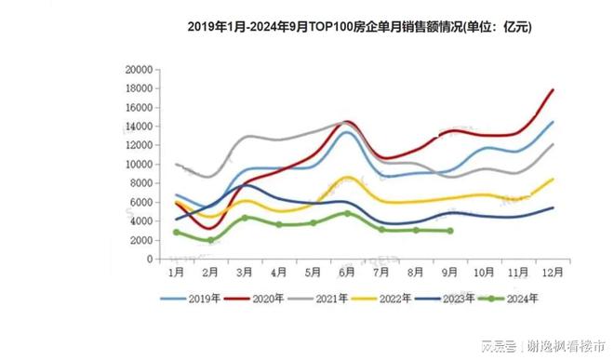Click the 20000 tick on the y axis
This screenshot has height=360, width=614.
coord(137,69)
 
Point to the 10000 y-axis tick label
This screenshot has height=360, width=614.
coord(137,164)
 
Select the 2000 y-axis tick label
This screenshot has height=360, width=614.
coord(140,240)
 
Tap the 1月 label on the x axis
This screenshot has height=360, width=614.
coord(176,273)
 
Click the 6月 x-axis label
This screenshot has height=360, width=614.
coord(347,273)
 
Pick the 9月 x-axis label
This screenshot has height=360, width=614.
coord(450,273)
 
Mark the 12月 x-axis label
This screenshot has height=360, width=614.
coord(553,273)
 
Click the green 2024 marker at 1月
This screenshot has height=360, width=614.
coord(176,232)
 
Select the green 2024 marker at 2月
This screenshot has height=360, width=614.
coord(210,240)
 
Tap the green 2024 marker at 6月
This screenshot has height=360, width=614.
coord(347,213)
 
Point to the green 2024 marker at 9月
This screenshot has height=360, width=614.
coord(450,231)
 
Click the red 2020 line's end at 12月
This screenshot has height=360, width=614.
coord(554,90)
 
